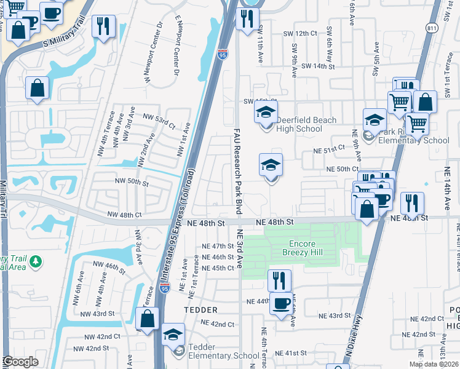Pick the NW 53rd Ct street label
coord(159,120)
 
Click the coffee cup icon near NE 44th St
coord(282,303)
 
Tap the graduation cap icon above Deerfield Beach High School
coord(266,113)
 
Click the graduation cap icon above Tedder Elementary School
coord(173,334)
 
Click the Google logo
coord(20,362)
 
